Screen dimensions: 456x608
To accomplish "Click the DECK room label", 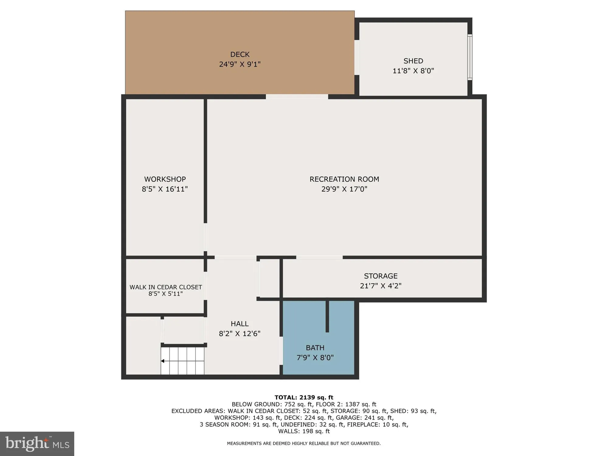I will tap(240, 54).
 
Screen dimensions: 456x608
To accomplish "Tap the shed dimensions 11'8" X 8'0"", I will tap(413, 71).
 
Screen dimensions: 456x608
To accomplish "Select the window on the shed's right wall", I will tap(470, 57).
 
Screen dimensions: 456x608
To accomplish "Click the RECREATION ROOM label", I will tap(344, 179).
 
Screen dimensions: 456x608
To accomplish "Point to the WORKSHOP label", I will tap(165, 179).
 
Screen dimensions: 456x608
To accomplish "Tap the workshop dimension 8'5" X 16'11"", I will tap(165, 189).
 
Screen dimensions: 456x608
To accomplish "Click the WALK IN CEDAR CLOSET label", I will tap(166, 287).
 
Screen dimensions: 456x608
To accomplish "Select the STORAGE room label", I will tap(381, 276).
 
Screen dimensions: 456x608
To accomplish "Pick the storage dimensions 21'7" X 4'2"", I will tap(381, 286).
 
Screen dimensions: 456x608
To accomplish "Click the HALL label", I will tap(240, 324).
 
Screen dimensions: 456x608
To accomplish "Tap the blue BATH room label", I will tap(315, 348).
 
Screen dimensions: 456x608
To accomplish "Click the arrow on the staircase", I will tap(163, 361).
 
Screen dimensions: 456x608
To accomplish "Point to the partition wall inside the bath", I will tap(327, 316).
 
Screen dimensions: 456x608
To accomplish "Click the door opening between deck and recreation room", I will tap(297, 97).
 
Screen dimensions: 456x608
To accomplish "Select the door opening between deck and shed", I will tap(357, 57).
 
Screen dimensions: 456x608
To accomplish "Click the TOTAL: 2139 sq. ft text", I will tap(304, 397).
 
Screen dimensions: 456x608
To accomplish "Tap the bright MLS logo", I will tap(37, 444).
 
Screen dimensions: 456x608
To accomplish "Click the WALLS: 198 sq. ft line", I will tap(304, 431).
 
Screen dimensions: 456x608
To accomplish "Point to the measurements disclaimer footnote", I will tap(304, 444).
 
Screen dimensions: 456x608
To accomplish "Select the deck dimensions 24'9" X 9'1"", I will tap(240, 64).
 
